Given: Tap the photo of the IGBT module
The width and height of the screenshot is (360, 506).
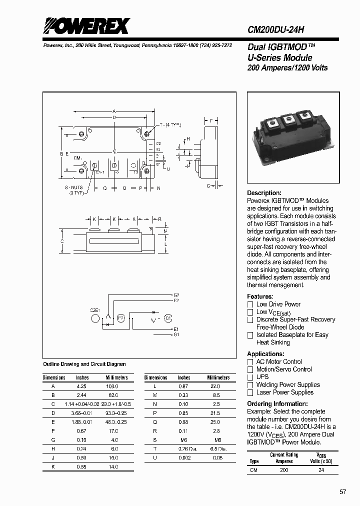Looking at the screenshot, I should [290, 131].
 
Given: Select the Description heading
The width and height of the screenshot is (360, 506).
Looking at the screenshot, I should [264, 193].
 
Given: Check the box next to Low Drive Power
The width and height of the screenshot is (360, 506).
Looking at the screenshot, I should [250, 304].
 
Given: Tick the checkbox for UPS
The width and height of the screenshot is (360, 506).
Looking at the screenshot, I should [250, 377].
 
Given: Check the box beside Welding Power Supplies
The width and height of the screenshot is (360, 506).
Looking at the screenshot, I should [250, 385].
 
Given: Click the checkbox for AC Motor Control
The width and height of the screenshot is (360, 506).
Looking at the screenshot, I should [250, 362].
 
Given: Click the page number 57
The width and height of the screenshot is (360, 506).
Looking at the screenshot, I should [342, 492].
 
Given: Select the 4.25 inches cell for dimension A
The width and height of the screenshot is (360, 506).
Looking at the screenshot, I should [81, 386].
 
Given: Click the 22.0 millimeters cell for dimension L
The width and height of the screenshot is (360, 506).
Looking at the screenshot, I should [214, 386].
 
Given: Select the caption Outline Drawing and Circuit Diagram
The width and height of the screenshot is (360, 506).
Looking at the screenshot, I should [84, 364].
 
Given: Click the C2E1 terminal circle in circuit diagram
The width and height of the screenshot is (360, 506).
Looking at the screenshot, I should [95, 319].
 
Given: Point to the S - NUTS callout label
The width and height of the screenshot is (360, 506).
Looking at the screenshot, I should [77, 188].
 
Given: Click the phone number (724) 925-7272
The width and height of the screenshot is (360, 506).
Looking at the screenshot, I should [213, 45].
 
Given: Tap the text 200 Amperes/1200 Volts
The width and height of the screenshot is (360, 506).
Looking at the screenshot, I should [287, 67].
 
